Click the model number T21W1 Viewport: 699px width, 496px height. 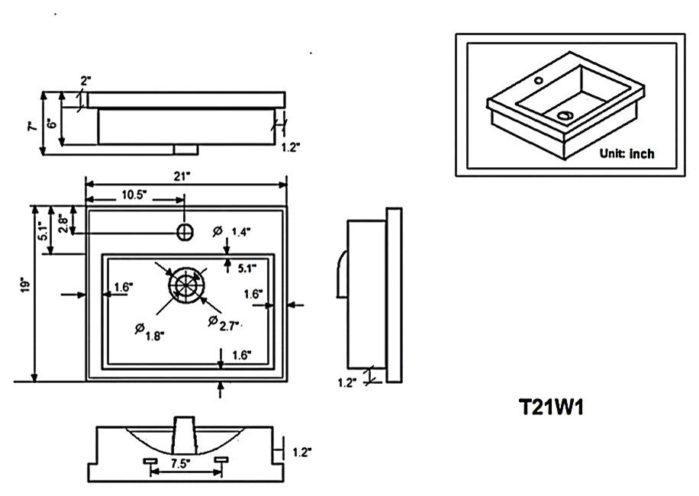point(551,408)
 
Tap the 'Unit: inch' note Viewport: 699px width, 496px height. point(627,153)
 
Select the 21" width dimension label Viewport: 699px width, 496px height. point(182,176)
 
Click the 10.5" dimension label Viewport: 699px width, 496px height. point(134,195)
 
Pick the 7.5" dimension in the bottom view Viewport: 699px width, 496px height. point(180,462)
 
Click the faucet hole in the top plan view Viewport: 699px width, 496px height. point(184,230)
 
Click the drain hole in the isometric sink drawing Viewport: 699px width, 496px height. point(565,115)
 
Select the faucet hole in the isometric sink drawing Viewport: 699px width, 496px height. point(538,79)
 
